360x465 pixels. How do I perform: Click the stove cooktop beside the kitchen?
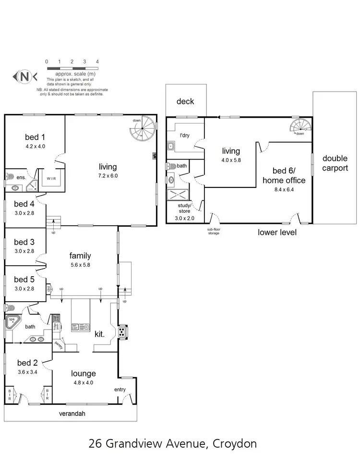123,331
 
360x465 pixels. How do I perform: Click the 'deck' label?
185,101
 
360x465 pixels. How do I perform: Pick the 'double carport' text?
335,163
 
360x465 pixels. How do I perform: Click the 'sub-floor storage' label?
209,232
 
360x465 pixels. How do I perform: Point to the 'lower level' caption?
277,232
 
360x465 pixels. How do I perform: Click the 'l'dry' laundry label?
185,135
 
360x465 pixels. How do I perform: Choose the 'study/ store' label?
184,208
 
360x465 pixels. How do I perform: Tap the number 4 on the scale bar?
97,62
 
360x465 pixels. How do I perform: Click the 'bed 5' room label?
24,280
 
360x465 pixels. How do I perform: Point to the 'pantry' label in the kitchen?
59,344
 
